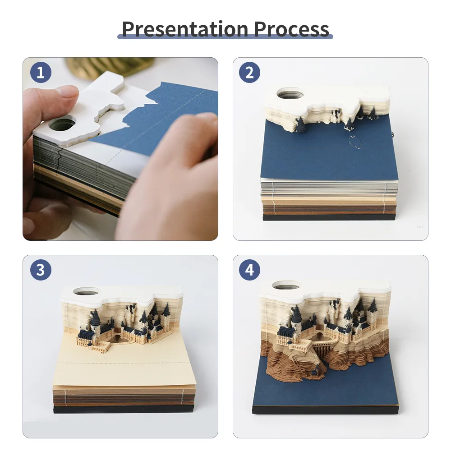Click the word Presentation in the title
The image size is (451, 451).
coord(185,28)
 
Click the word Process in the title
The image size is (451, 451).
coord(291,28)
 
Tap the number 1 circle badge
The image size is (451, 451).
coord(41,72)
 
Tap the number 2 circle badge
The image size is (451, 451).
coord(249,72)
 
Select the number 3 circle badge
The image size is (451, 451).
coord(41,270)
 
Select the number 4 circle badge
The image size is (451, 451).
coord(249,270)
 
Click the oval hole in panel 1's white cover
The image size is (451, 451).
coord(62,123)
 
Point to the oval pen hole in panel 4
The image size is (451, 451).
coord(287,285)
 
